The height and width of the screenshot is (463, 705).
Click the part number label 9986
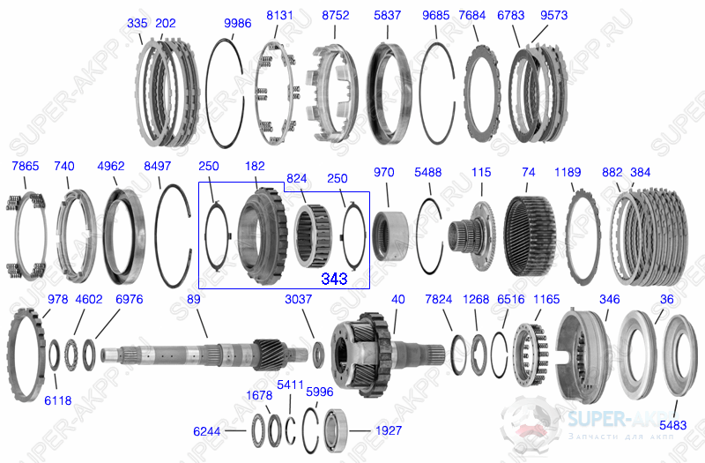237,23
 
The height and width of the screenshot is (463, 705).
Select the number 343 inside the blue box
334,279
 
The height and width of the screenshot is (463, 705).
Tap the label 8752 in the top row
336,15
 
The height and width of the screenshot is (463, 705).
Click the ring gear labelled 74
530,236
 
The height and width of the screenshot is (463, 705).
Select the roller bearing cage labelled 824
314,235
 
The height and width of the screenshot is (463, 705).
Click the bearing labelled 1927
335,430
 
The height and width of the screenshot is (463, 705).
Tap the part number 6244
207,431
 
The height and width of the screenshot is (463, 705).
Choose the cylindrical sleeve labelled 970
390,236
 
